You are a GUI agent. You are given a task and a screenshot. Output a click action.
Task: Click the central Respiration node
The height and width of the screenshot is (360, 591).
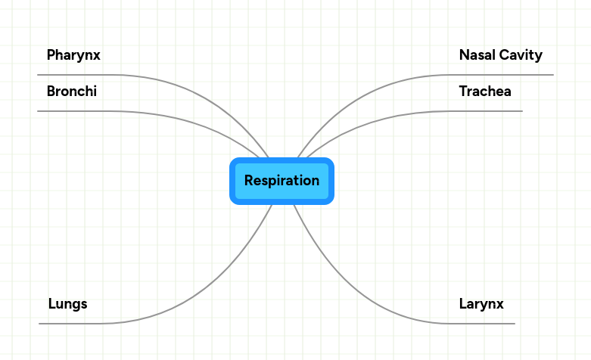(282, 181)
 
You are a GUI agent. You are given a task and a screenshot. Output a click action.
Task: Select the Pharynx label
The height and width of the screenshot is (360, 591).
(73, 55)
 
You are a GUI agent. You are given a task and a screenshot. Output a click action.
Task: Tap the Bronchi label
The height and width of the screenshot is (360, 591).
(71, 92)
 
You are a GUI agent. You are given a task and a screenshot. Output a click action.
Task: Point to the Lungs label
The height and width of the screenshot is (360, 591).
(67, 304)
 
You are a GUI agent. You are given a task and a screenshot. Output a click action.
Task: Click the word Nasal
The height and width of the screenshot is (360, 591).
(476, 55)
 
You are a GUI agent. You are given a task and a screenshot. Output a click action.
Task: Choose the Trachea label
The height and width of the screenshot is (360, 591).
(485, 92)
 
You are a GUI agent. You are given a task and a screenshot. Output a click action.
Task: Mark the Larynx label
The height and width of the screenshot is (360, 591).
(481, 304)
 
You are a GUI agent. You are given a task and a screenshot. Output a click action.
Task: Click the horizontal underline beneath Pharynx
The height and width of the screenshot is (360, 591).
(76, 75)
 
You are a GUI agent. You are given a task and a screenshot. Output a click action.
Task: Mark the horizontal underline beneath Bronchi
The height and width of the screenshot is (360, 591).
(76, 111)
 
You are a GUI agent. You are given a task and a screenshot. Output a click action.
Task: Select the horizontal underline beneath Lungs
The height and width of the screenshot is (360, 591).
(68, 324)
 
